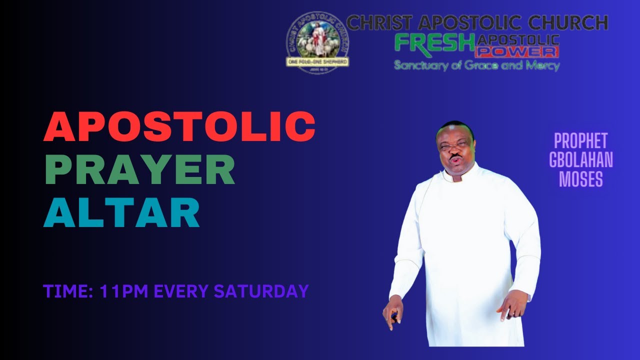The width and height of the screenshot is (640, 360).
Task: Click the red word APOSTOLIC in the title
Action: coord(179,126)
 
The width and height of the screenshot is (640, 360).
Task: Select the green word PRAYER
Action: coord(139,169)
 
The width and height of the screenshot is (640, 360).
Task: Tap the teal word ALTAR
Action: coord(121,212)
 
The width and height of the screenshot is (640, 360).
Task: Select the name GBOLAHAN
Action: coord(580,160)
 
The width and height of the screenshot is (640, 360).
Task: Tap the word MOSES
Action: coord(580,178)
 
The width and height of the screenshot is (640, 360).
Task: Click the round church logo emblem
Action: coord(317,43)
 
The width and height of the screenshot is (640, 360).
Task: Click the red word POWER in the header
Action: coord(517,51)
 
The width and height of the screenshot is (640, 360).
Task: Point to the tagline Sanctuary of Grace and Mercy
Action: coord(476,65)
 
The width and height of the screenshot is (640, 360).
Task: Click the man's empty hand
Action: coord(511,305)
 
